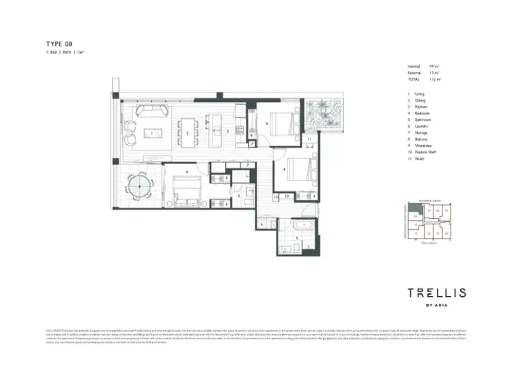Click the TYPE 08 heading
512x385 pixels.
pos(59,44)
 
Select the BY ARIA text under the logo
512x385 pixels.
pos(437,304)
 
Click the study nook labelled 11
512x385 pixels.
pos(309,140)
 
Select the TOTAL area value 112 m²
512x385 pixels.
pos(434,79)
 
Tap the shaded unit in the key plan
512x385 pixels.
pos(414,211)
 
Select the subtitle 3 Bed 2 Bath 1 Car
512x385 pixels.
pos(65,53)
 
